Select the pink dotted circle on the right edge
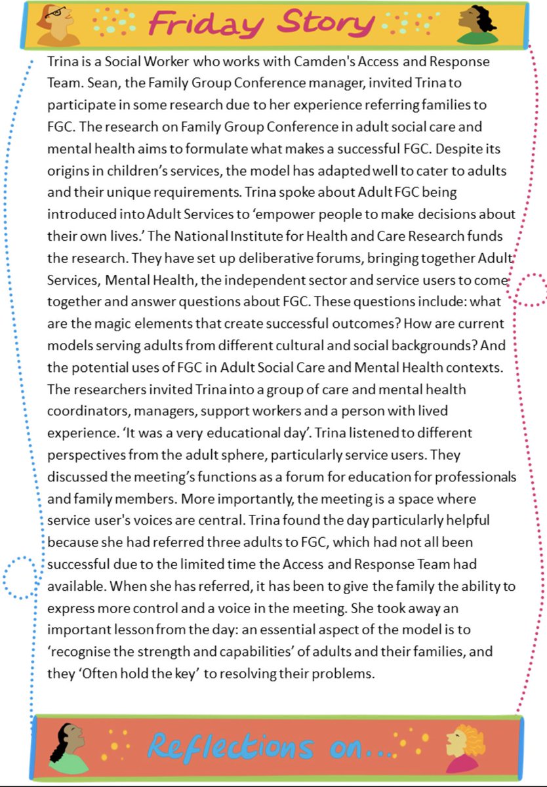pos(529,289)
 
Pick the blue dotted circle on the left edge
pos(18,577)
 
